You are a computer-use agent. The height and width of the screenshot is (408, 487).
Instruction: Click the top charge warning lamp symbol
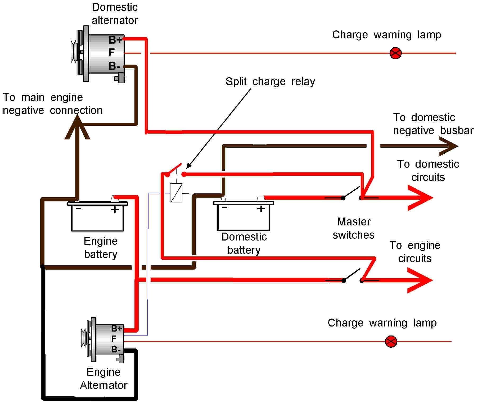395,53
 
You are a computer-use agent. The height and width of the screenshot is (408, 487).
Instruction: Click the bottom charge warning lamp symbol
391,341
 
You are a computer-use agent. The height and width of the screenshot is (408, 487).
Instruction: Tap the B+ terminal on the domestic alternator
115,40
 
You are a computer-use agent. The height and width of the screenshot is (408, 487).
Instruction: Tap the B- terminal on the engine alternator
116,350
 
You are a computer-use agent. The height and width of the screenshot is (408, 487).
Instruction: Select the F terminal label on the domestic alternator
111,53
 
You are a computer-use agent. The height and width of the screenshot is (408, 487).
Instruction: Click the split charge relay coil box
176,193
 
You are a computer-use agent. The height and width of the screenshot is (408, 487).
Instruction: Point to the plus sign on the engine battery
115,210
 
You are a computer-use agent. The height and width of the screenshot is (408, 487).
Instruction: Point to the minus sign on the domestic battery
224,208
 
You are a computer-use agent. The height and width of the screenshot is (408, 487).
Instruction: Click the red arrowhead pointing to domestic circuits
421,198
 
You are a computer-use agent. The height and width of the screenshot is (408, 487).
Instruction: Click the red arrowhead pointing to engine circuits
420,280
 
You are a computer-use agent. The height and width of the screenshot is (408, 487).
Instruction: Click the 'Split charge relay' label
270,81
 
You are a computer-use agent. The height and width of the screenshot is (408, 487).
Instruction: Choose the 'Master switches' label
353,228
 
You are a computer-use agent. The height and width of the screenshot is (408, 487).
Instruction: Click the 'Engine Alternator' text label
103,378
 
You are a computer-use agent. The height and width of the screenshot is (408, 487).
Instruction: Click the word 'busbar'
457,130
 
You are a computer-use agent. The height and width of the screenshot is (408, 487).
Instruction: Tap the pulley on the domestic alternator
74,52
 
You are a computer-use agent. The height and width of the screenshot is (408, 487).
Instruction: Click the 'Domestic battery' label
244,243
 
